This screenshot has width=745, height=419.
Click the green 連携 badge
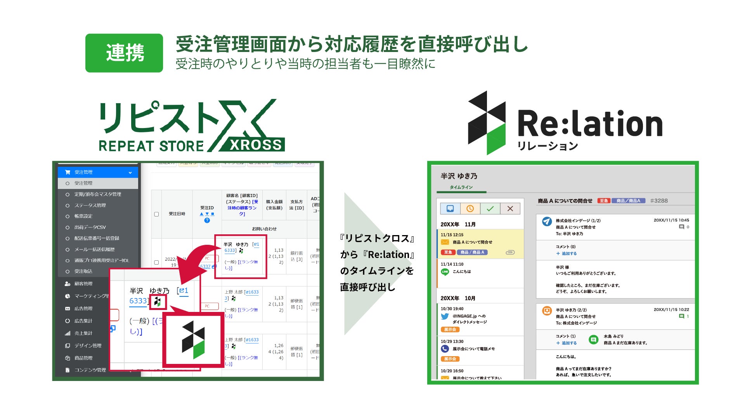coord(124,53)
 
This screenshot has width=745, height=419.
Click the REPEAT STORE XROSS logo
coord(192,126)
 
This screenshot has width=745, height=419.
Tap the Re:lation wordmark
coord(590,124)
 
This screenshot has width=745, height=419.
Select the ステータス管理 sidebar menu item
coord(90,205)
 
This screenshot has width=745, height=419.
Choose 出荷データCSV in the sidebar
coord(90,227)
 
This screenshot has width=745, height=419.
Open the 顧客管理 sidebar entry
coord(83,284)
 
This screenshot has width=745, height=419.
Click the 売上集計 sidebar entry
coord(83,333)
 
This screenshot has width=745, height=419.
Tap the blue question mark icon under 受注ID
coord(207,220)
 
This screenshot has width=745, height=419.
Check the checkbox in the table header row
coord(156,214)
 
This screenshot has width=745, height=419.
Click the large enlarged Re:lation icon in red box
coord(193,340)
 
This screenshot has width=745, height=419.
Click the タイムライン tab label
coord(461,187)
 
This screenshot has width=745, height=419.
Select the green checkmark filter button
coord(490,209)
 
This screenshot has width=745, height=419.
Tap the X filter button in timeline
coord(510,209)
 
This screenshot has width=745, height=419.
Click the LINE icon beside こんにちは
coord(445,272)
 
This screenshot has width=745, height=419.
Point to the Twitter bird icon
coord(445,316)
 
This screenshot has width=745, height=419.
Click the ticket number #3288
coord(659,201)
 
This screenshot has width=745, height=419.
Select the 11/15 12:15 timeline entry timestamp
coord(452,235)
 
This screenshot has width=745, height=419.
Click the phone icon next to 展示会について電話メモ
coord(445,349)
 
